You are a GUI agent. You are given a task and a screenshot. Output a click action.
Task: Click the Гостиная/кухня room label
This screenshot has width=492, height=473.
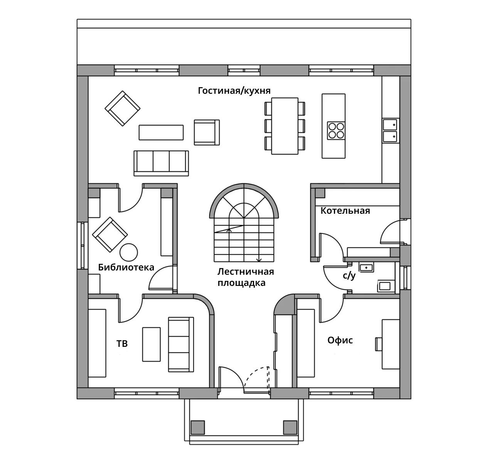(x=234, y=91)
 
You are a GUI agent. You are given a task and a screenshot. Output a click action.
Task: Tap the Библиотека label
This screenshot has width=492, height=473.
(x=126, y=267)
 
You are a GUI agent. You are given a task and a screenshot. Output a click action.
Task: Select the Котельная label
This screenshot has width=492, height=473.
(x=345, y=211)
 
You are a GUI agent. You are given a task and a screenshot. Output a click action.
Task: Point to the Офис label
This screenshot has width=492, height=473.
(x=340, y=340)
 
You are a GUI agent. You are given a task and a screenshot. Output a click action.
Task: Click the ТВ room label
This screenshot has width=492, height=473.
(x=122, y=343)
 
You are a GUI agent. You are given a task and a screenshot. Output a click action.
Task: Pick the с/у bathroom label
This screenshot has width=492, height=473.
(x=349, y=276)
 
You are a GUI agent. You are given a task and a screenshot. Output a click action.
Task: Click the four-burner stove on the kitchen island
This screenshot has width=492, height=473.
(x=336, y=130)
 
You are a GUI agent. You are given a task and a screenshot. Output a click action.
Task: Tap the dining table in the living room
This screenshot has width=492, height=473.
(x=285, y=126)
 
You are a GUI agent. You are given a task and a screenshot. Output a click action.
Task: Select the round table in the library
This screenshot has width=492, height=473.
(x=128, y=252)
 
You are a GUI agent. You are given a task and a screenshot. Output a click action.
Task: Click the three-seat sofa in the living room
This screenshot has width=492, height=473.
(x=161, y=163)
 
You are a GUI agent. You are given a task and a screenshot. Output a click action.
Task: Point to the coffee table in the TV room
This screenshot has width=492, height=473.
(x=151, y=345)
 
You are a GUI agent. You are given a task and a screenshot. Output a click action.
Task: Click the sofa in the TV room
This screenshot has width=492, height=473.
(x=181, y=345)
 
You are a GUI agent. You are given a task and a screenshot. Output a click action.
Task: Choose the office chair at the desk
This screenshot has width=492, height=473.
(x=379, y=344)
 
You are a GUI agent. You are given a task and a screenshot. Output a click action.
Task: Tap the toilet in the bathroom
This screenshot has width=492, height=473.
(x=386, y=286)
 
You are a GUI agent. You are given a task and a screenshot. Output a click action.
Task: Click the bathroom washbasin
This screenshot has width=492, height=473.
(x=366, y=267)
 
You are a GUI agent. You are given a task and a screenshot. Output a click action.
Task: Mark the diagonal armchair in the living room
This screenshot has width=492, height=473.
(x=122, y=108)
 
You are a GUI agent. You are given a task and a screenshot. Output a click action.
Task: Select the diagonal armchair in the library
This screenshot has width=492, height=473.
(x=110, y=235)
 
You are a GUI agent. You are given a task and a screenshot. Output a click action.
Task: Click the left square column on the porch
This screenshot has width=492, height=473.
(x=197, y=427)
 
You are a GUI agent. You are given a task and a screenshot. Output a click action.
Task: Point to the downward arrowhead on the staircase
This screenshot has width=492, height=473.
(x=259, y=260)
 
